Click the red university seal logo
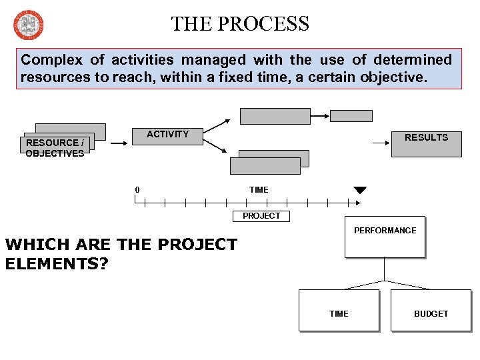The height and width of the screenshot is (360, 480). pyautogui.click(x=27, y=25)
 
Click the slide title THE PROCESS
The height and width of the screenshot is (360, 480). pyautogui.click(x=240, y=24)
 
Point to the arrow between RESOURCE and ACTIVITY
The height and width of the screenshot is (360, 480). pyautogui.click(x=119, y=142)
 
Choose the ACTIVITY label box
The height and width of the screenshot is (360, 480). pyautogui.click(x=168, y=135)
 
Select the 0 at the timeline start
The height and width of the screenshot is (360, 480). pyautogui.click(x=137, y=190)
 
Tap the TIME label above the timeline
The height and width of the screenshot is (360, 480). pyautogui.click(x=259, y=190)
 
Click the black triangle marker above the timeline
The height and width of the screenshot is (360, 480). pyautogui.click(x=360, y=191)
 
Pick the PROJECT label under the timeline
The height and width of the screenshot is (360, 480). pyautogui.click(x=261, y=216)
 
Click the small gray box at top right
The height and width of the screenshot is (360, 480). pyautogui.click(x=351, y=115)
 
